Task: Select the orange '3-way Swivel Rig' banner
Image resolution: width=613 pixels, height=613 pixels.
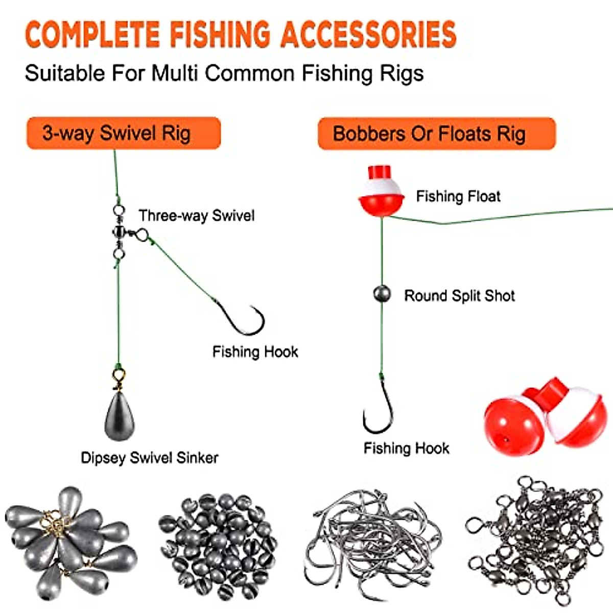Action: (x=123, y=133)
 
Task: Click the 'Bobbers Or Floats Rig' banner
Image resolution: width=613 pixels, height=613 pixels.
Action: (x=436, y=134)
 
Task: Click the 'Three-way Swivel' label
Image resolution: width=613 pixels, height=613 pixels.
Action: (x=196, y=216)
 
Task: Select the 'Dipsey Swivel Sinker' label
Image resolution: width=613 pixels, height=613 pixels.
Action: (x=149, y=458)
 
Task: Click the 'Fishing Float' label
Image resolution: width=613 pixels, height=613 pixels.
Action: (x=458, y=196)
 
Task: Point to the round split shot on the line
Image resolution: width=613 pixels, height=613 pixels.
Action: (x=382, y=294)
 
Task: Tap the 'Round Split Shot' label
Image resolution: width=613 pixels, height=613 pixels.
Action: (x=459, y=296)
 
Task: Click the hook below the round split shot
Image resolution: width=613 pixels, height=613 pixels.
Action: (x=379, y=409)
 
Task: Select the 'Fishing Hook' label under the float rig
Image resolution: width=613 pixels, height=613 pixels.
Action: (x=406, y=449)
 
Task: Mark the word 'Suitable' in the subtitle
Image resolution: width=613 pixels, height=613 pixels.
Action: (x=64, y=74)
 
